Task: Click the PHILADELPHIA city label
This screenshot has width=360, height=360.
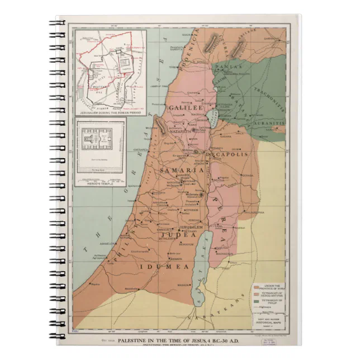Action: click(x=253, y=213)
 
